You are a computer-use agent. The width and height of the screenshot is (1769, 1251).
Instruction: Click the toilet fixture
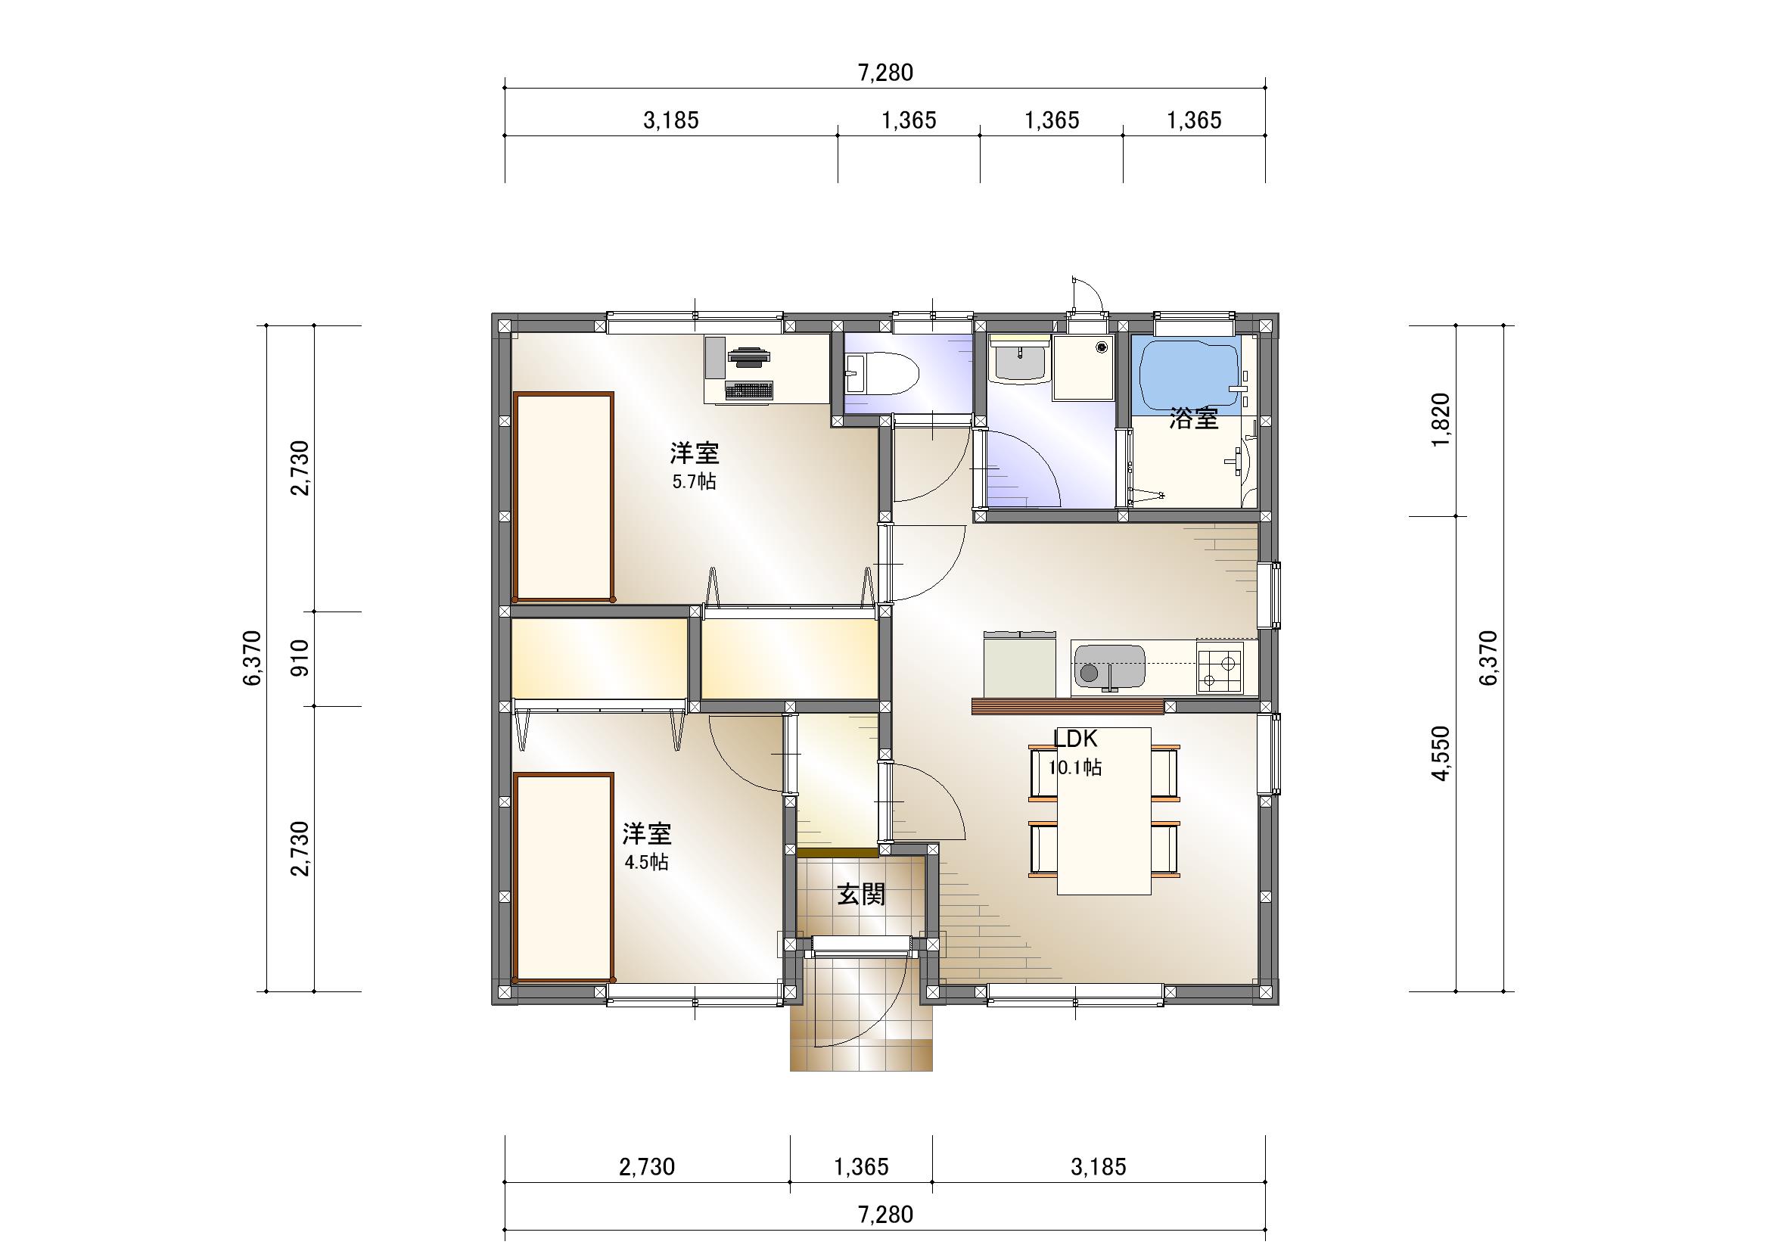click(x=882, y=375)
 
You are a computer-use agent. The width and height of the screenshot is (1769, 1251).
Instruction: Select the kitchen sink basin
click(x=1108, y=666)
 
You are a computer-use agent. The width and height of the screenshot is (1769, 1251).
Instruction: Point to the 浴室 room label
click(x=1193, y=419)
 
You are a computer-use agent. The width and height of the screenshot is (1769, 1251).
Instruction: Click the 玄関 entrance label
click(x=861, y=895)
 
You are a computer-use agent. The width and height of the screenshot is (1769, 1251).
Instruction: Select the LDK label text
click(x=1076, y=739)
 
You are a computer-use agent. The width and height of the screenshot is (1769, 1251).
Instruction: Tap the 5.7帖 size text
click(x=694, y=482)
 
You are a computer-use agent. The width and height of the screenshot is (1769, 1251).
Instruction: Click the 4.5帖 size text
click(x=646, y=862)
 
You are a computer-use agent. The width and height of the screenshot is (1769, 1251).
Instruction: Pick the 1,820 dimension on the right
click(x=1440, y=419)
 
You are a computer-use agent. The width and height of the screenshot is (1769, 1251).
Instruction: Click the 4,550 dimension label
click(x=1440, y=753)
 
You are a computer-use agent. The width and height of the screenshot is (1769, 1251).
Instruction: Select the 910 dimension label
click(x=300, y=658)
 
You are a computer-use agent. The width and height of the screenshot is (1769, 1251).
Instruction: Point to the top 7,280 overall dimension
click(x=885, y=73)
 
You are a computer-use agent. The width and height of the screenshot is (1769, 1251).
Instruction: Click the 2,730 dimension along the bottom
click(x=646, y=1167)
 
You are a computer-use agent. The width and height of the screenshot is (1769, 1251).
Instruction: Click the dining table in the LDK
click(x=1104, y=811)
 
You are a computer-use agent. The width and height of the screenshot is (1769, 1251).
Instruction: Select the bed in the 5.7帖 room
click(x=564, y=496)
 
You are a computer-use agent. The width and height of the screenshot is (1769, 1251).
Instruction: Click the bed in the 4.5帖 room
click(x=564, y=878)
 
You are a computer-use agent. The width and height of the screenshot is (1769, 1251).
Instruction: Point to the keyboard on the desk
click(x=748, y=391)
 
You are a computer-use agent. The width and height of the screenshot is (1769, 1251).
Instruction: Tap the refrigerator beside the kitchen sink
click(x=1019, y=664)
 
